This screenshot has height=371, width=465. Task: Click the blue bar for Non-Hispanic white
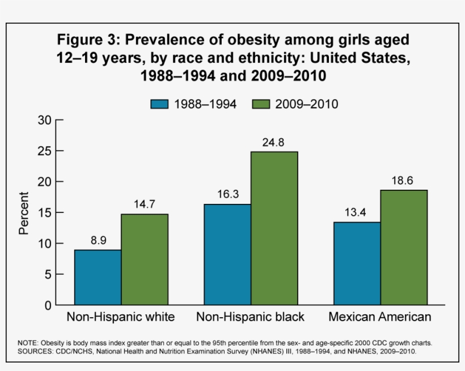coord(98,278)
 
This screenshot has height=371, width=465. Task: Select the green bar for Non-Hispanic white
coord(144,259)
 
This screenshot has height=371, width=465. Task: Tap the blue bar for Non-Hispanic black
coord(227,254)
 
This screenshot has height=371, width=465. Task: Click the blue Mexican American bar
coord(357,263)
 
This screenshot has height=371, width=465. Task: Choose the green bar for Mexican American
coord(404,248)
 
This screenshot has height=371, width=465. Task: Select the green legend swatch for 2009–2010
coord(260,104)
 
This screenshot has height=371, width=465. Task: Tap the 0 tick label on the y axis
coord(49,305)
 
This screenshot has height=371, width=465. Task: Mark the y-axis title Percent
coord(24,213)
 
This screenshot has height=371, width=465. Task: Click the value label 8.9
coord(98,240)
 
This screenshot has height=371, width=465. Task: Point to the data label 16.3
coord(227,194)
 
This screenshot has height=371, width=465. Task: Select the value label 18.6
coord(404,180)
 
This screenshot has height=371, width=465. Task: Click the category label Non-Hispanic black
coord(250,317)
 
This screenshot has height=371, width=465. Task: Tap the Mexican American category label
coord(380,317)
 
